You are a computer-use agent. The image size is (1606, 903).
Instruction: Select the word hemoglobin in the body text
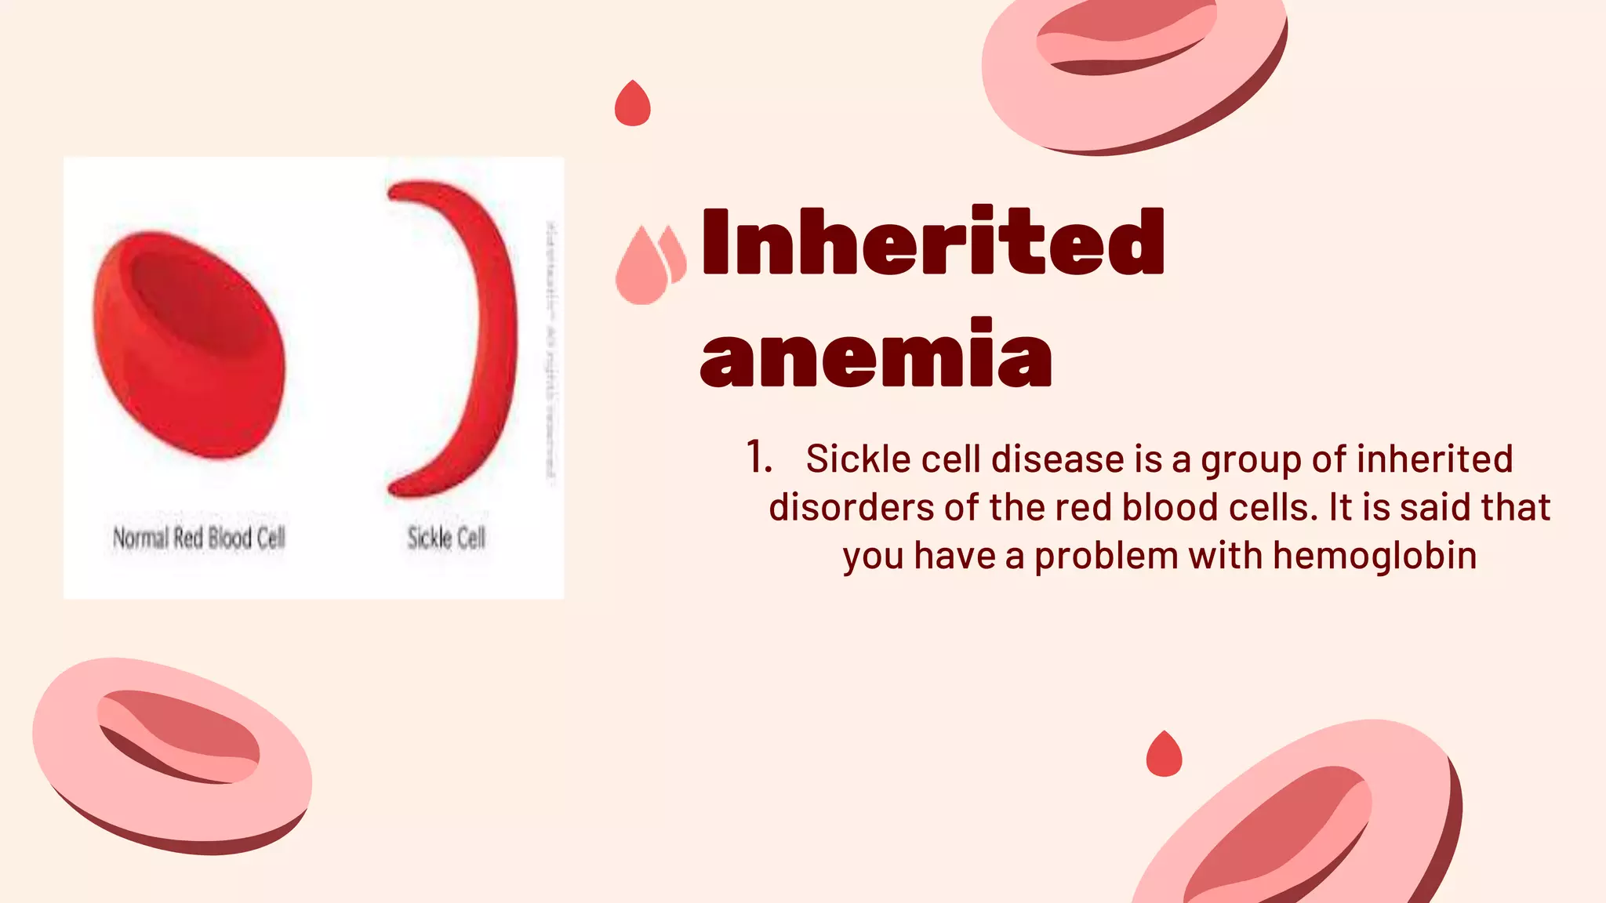coord(1375,556)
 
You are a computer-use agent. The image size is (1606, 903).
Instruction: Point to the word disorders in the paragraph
coord(852,507)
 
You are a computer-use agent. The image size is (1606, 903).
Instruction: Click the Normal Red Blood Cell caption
coord(199,539)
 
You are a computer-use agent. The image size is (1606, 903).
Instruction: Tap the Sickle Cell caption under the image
coord(446,539)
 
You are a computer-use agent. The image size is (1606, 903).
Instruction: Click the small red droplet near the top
coord(632,104)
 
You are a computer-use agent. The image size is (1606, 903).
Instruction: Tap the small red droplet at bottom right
coord(1164,755)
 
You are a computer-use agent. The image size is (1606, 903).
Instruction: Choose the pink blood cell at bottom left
coord(173,752)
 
